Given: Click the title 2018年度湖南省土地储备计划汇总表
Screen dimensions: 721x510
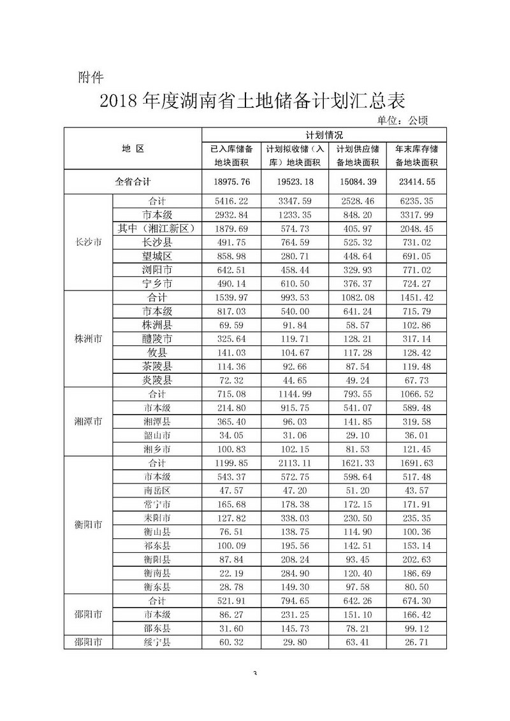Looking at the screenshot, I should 252,102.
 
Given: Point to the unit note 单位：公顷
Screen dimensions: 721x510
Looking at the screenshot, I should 404,120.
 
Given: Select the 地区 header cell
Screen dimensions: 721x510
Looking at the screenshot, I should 133,149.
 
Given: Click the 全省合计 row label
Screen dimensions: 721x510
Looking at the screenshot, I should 133,182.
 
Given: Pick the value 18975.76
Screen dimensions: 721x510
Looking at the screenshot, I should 233,182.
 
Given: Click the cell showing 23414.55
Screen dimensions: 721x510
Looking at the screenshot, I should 416,182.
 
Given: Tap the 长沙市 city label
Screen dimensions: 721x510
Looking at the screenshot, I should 89,242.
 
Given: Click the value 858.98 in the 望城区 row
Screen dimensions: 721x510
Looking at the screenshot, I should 233,256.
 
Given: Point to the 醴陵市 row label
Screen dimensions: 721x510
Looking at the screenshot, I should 157,338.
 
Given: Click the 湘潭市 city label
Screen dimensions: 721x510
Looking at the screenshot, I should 89,422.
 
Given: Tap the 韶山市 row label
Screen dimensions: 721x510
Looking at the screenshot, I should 157,435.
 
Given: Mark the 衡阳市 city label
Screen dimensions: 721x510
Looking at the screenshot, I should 89,525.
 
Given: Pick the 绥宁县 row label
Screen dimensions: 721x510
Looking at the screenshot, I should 157,641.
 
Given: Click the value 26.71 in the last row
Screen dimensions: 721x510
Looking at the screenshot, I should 416,641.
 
